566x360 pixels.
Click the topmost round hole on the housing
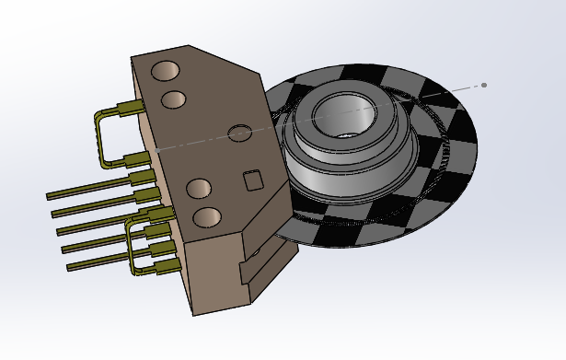[166, 71]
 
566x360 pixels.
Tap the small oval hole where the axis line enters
[239, 134]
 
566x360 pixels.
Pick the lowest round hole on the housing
[207, 218]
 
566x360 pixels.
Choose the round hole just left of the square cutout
[200, 190]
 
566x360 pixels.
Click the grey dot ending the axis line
[484, 86]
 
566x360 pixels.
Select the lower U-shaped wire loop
[134, 249]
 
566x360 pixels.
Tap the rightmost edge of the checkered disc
[476, 147]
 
